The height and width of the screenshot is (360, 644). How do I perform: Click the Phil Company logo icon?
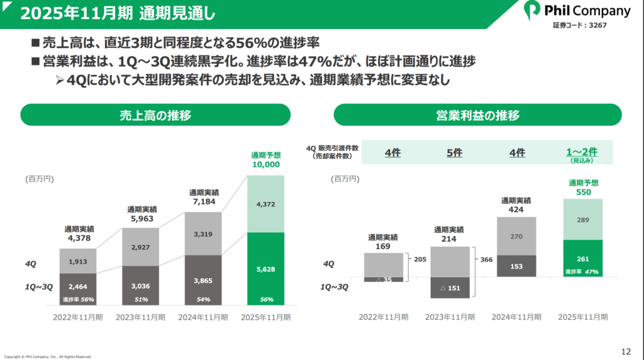click(533, 11)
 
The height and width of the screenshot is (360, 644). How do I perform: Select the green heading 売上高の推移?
click(155, 115)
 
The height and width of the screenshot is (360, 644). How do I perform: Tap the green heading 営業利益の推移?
click(477, 115)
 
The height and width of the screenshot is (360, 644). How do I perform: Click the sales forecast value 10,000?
click(265, 164)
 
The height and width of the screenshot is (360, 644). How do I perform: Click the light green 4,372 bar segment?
click(265, 204)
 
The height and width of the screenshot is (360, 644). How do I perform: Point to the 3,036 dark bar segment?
click(140, 286)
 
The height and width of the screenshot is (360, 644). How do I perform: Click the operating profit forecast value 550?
click(583, 192)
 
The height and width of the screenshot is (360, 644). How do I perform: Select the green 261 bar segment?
click(583, 259)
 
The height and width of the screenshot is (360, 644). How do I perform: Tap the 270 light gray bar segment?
click(516, 236)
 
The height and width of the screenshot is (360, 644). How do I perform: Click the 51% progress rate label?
click(140, 300)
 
